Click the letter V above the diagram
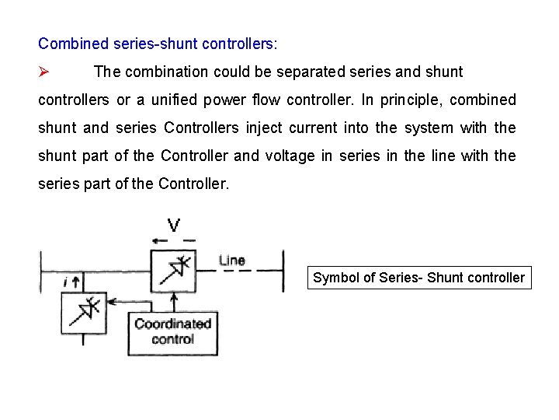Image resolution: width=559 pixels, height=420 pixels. click(x=174, y=226)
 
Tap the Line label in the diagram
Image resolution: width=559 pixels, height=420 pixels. click(x=232, y=261)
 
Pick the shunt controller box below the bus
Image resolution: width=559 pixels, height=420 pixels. click(x=84, y=312)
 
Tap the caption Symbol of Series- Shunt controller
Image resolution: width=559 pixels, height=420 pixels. click(x=418, y=278)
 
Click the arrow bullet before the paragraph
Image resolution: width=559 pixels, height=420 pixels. click(x=44, y=72)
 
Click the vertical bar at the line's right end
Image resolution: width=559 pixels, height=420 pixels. click(x=283, y=270)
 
